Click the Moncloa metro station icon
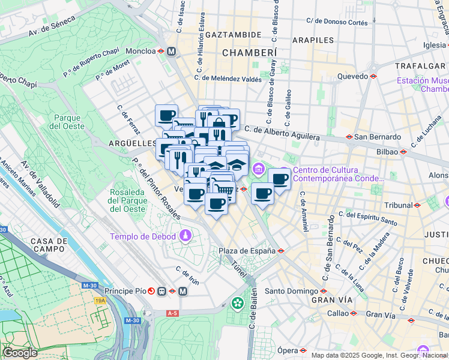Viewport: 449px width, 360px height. coord(161,52)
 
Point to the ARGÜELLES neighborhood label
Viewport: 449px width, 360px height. coord(132,143)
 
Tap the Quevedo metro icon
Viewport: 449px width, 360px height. coord(373,77)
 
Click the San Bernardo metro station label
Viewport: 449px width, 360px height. coord(377,137)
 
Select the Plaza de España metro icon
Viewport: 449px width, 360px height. coord(280,251)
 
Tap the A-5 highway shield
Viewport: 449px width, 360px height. coord(173,313)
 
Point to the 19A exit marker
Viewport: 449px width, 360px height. coord(100,301)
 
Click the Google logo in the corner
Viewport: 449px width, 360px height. coord(20,353)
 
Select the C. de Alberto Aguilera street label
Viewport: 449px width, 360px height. coord(282,133)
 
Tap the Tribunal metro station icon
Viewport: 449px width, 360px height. coord(417,205)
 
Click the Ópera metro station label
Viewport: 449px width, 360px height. coord(288,350)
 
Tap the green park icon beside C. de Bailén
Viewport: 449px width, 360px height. coord(238,304)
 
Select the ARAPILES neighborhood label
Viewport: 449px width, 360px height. coord(313,40)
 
